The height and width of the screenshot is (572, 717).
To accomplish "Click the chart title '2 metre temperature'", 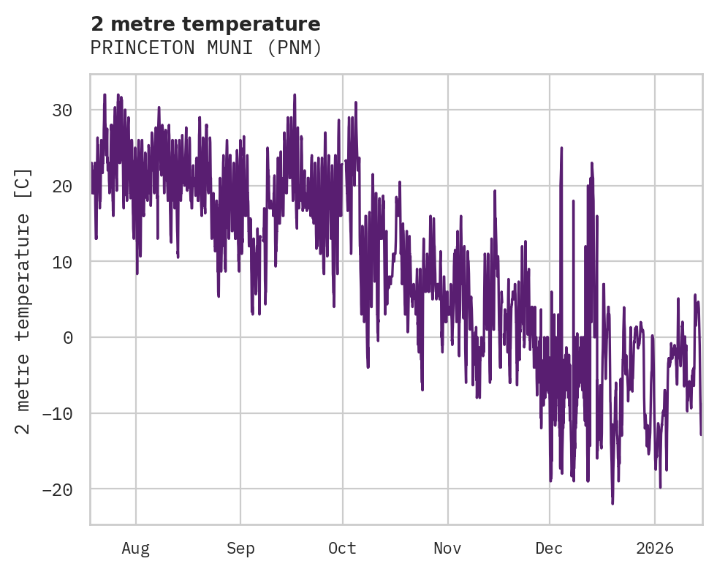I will [x=205, y=24].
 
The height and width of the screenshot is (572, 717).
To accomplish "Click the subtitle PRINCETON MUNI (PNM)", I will [x=205, y=48].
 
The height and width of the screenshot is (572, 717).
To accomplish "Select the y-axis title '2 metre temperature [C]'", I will [x=23, y=300].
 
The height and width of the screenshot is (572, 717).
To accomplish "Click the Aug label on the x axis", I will [x=135, y=549].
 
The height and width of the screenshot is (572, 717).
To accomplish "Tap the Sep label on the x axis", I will [x=240, y=549].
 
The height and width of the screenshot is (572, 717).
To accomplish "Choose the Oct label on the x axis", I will [x=342, y=549].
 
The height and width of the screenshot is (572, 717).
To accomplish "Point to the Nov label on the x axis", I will [x=447, y=549].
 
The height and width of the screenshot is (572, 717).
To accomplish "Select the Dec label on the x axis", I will [x=549, y=549].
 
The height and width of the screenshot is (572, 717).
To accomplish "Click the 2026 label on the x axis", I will [x=654, y=549].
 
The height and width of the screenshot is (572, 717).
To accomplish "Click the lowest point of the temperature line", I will [x=612, y=503].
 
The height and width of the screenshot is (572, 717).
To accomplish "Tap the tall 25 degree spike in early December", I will [x=561, y=148].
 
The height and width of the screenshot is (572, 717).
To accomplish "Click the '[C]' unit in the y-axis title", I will [x=23, y=183].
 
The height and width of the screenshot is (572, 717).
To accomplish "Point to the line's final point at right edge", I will [x=700, y=434].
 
